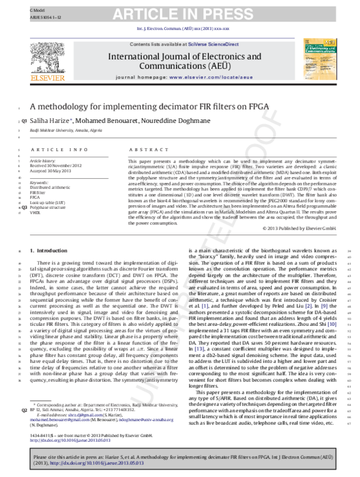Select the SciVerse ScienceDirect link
(208, 45)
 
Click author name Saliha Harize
(52, 122)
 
